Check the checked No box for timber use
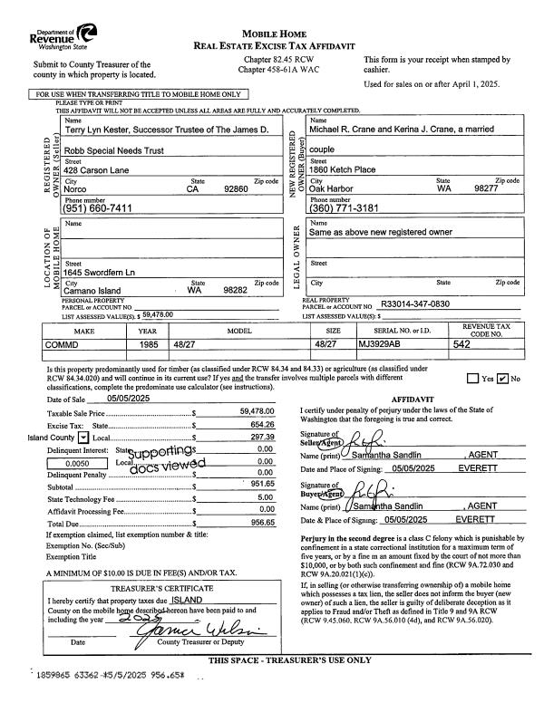click(x=502, y=379)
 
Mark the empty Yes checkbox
click(x=472, y=379)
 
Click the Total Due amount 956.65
click(x=262, y=523)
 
